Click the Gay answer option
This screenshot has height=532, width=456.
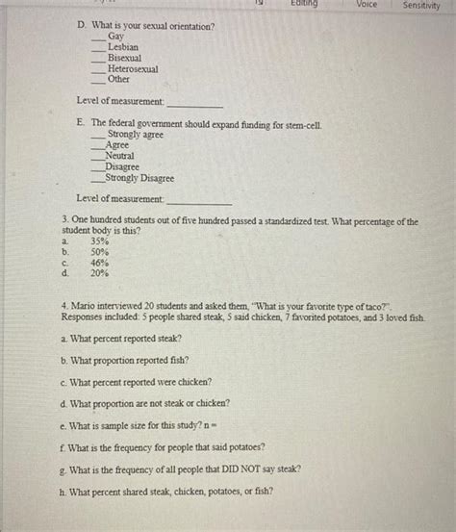[x=115, y=37]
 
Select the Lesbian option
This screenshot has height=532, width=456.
[x=122, y=47]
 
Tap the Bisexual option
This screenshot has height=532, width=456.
[x=126, y=58]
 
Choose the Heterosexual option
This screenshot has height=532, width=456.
[x=133, y=68]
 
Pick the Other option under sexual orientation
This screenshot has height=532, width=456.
[x=118, y=79]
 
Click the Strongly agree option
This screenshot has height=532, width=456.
[x=135, y=135]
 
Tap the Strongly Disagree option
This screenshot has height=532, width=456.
[x=139, y=178]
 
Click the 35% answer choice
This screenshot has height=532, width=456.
[x=99, y=241]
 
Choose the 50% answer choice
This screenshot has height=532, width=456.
[x=99, y=252]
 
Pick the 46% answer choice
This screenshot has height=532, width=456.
[x=99, y=262]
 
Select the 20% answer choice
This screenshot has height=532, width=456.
[x=99, y=272]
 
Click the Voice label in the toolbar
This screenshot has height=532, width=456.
[x=367, y=5]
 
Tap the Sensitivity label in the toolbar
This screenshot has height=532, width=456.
[x=421, y=5]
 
